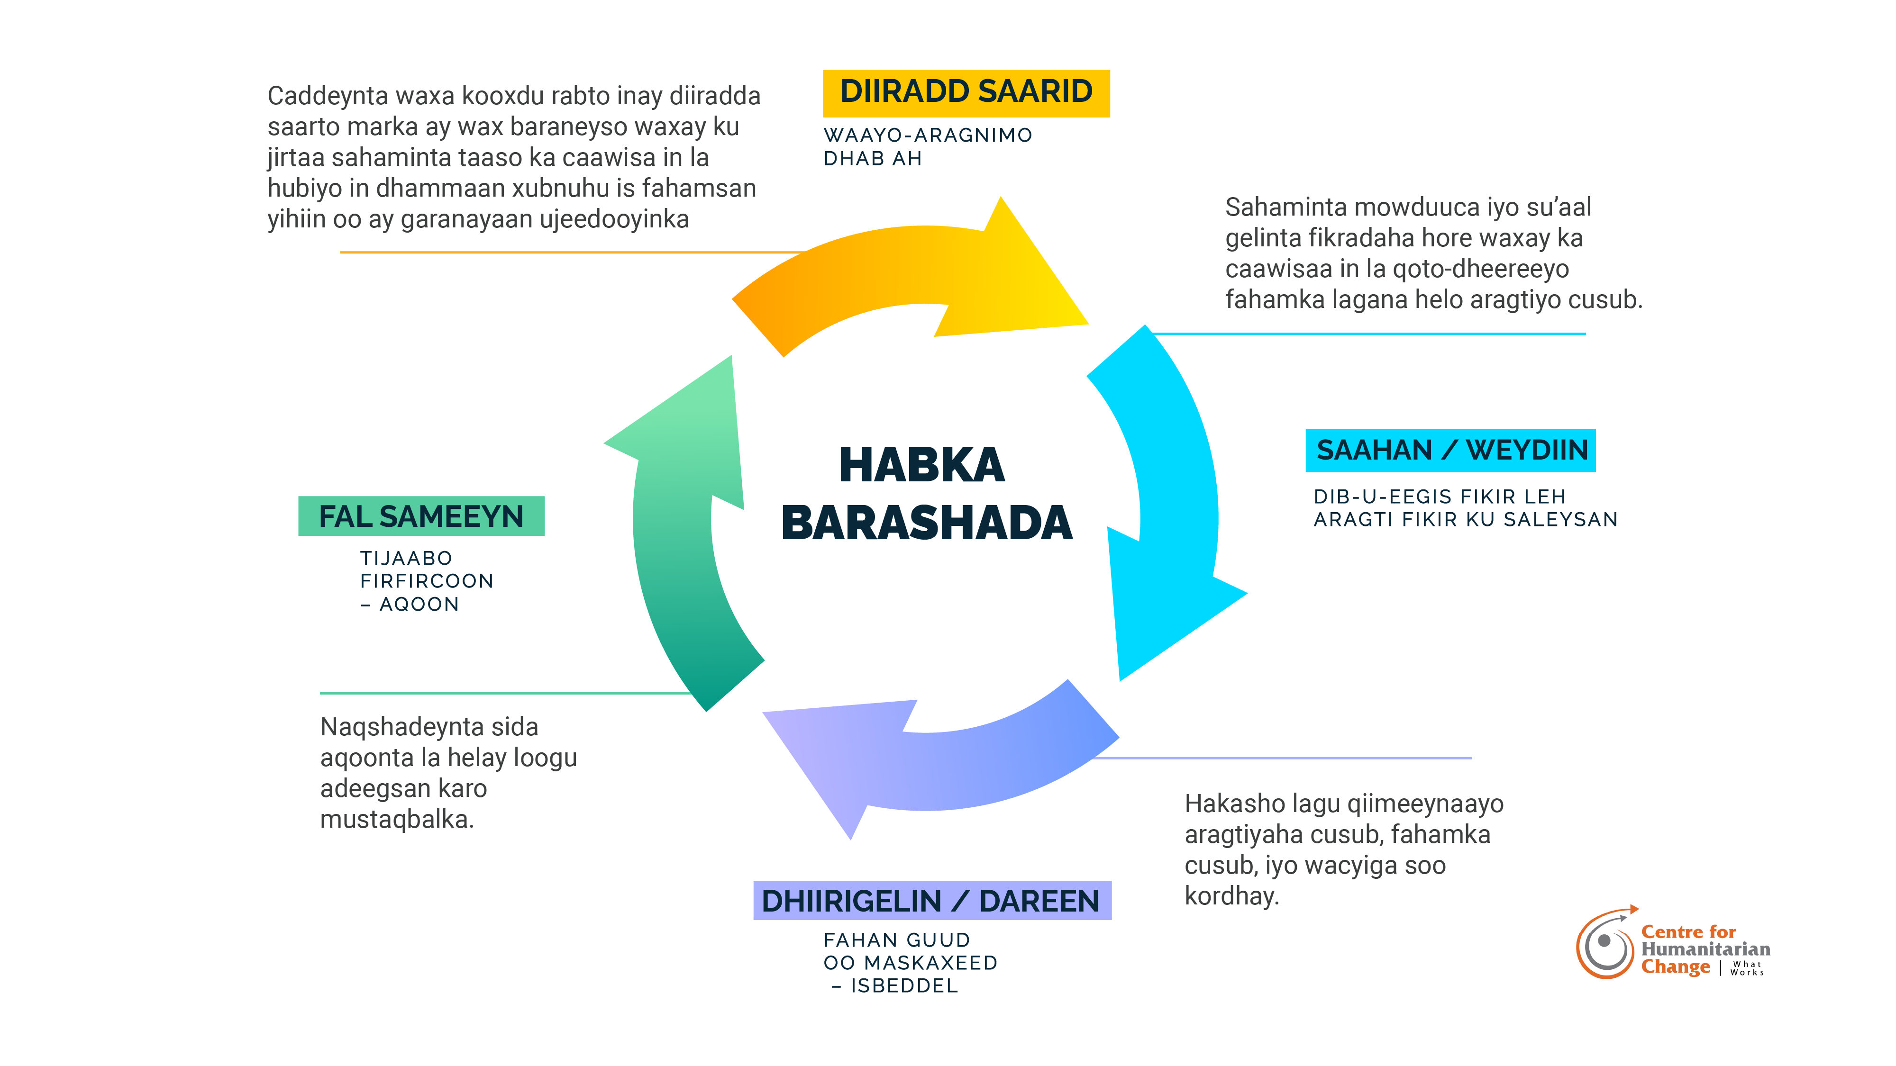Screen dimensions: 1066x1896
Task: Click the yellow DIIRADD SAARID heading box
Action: coord(966,93)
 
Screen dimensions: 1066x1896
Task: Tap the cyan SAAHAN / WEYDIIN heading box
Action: coord(1450,450)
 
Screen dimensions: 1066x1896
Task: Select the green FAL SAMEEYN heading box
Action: coord(421,516)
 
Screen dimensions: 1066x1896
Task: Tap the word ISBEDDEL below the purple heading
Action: coord(904,986)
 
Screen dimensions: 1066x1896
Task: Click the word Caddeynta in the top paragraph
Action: coord(328,96)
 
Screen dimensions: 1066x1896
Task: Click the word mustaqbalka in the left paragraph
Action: coord(396,819)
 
